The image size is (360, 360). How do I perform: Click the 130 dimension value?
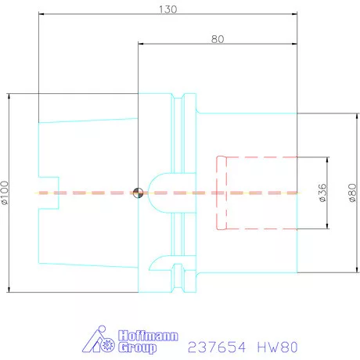pos(167,9)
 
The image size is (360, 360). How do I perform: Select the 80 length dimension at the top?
pos(218,38)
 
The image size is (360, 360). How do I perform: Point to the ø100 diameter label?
pos(7,193)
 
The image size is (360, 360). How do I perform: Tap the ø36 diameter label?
pos(322,193)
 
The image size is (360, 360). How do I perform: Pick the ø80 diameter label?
pos(352,193)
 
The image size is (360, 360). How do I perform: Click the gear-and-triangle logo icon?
pos(99,341)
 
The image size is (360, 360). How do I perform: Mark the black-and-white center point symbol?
pos(138,192)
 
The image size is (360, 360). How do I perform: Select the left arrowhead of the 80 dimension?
pos(141,44)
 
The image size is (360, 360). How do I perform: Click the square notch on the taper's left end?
pos(49,193)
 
